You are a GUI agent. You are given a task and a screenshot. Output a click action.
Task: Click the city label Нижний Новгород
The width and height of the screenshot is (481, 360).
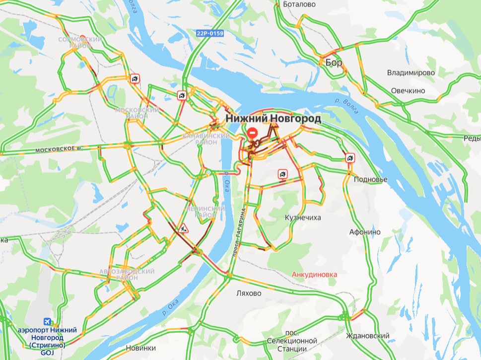(x=273, y=119)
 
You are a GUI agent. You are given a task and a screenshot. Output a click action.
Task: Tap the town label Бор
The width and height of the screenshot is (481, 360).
(x=334, y=62)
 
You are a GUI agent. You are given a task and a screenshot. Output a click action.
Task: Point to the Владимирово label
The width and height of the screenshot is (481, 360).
(x=411, y=73)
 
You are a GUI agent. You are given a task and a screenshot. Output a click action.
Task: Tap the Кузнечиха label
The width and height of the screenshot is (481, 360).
(x=303, y=218)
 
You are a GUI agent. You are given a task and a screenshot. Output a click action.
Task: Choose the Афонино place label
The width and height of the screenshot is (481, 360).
(x=365, y=232)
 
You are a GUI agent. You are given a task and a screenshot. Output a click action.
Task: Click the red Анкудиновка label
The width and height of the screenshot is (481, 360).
(x=315, y=274)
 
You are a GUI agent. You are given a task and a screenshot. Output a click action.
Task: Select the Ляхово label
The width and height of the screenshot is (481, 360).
(x=249, y=293)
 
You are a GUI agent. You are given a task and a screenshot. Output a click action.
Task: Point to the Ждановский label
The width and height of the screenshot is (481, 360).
(x=368, y=336)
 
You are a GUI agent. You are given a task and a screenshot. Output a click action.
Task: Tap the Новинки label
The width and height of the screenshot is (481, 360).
(x=141, y=348)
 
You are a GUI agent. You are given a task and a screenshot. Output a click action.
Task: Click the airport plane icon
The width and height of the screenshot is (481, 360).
(x=48, y=321)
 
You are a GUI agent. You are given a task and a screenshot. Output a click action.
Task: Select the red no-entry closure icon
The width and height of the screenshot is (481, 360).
(x=253, y=133)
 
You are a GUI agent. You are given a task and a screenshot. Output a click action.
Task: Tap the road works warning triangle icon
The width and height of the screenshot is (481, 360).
(x=185, y=228)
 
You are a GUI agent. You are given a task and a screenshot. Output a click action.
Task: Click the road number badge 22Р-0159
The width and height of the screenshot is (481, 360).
(x=209, y=33)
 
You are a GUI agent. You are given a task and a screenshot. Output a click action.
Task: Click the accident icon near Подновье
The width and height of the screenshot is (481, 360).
(x=350, y=158)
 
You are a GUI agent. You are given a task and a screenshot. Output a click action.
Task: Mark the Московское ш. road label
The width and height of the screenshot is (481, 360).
(x=58, y=148)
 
